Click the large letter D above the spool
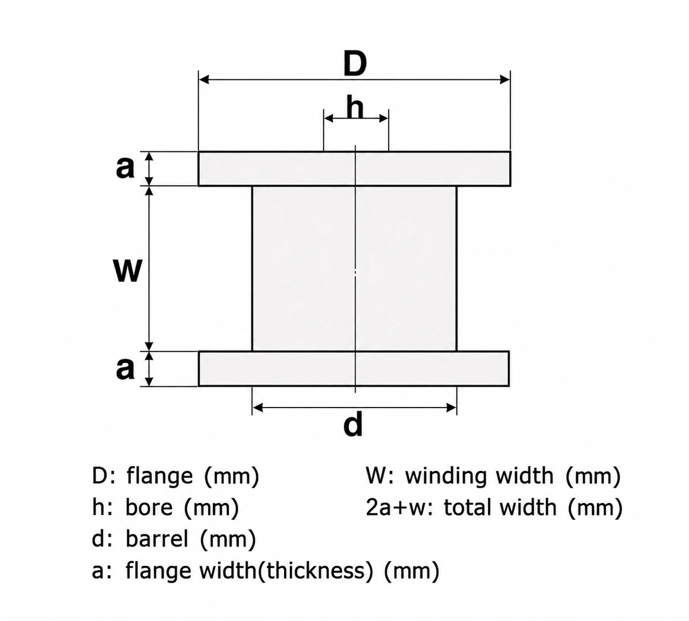point(355,64)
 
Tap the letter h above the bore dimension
point(355,107)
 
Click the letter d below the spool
point(353,425)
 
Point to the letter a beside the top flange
point(125,168)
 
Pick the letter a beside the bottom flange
point(125,369)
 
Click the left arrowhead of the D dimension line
point(204,79)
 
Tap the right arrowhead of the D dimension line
point(505,79)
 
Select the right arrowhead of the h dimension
point(384,118)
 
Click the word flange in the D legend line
point(159,477)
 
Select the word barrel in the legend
point(157,539)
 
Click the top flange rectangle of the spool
point(354,169)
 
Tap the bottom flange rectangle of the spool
point(354,368)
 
